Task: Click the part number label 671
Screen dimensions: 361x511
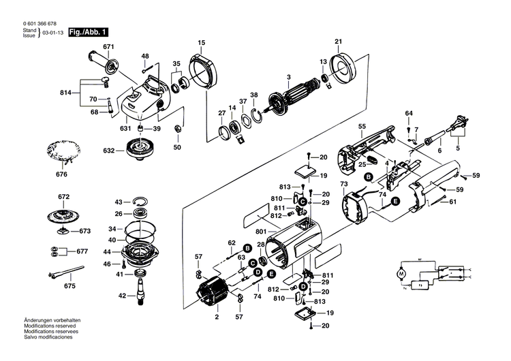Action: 107,46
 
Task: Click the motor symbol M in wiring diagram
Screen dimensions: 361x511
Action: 401,274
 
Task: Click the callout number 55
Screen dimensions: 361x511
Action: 362,127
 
